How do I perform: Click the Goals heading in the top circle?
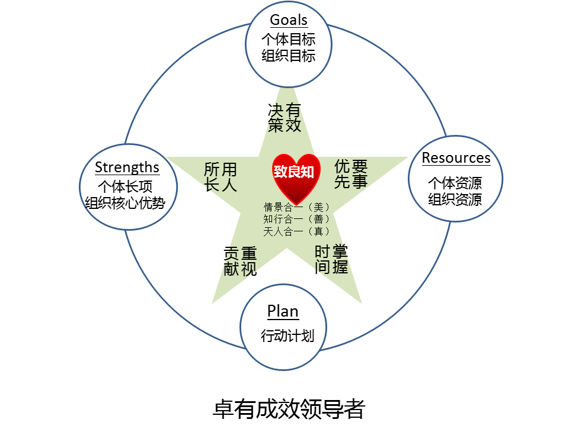point(289,20)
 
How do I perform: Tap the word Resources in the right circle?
point(456,158)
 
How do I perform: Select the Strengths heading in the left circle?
point(127,167)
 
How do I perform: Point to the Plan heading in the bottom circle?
point(283,311)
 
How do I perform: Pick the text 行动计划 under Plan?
point(287,336)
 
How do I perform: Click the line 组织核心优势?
point(125,203)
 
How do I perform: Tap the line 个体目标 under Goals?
point(289,40)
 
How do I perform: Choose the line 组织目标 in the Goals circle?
point(289,56)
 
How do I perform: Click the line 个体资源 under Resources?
point(455,182)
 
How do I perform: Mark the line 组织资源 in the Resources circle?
point(455,199)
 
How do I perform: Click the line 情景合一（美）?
point(297,207)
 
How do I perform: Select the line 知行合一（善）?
point(297,219)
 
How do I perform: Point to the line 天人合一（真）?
point(297,231)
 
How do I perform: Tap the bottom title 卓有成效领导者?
point(289,409)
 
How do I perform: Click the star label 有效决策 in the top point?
point(284,117)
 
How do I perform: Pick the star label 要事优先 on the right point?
point(351,173)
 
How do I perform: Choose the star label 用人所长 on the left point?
point(220,177)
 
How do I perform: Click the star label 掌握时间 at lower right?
point(331,259)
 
